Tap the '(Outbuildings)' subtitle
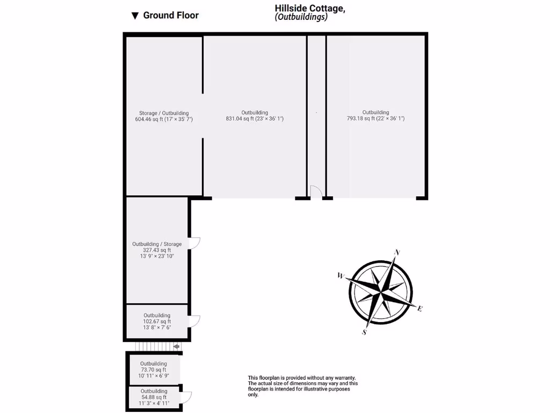pos(301,17)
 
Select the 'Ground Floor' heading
pos(171,15)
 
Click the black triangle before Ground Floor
pos(135,16)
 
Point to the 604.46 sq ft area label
pos(164,119)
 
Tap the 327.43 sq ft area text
pos(157,250)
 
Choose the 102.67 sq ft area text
pos(157,322)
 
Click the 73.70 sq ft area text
pos(153,370)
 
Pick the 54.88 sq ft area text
pos(154,397)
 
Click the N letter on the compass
pos(397,252)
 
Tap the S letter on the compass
pos(364,332)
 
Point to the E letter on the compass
pos(420,309)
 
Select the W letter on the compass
pos(341,276)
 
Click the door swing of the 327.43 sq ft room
pos(195,243)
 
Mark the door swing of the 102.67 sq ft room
pos(194,321)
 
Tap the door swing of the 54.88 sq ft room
pos(186,397)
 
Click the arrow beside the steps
pos(177,347)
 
